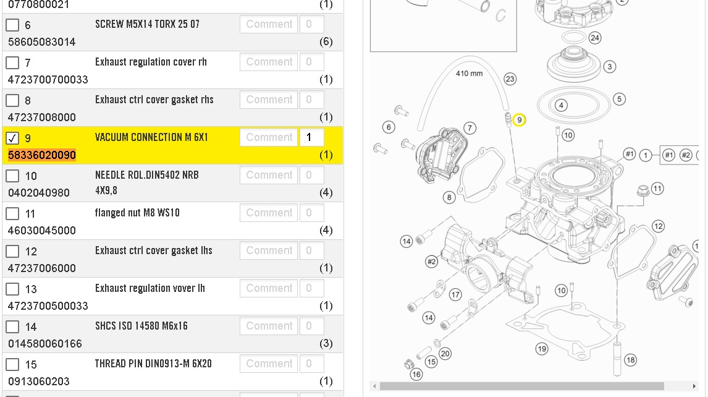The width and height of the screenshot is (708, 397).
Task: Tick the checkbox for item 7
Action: point(12,63)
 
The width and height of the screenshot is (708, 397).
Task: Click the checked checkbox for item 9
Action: point(12,138)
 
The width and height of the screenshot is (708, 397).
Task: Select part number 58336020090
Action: point(42,155)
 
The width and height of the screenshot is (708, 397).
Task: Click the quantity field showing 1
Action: point(311,137)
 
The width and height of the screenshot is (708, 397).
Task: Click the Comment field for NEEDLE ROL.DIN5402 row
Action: point(269,175)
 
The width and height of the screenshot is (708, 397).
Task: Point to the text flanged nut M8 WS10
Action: point(137,213)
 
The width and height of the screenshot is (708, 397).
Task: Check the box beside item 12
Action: point(12,252)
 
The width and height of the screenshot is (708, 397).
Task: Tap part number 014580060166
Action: point(45,344)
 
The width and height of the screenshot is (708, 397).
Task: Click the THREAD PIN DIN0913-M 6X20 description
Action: point(153,364)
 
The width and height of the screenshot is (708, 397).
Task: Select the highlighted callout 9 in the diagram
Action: point(519,120)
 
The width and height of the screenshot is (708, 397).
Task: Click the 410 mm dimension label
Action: point(469,73)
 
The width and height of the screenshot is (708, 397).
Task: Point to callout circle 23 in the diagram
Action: point(510,79)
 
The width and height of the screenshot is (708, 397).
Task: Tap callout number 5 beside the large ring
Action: point(619,99)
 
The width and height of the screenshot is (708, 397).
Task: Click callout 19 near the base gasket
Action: point(542,349)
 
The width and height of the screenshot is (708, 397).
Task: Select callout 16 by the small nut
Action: point(416,374)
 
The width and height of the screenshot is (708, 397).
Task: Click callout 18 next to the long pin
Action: point(630,360)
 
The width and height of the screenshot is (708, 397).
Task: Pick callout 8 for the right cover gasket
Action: point(449,197)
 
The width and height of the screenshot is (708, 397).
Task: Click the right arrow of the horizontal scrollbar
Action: point(694,386)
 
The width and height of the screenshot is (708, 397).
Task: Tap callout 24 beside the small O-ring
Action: point(595,38)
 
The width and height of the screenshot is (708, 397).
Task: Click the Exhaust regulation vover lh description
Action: point(150,288)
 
